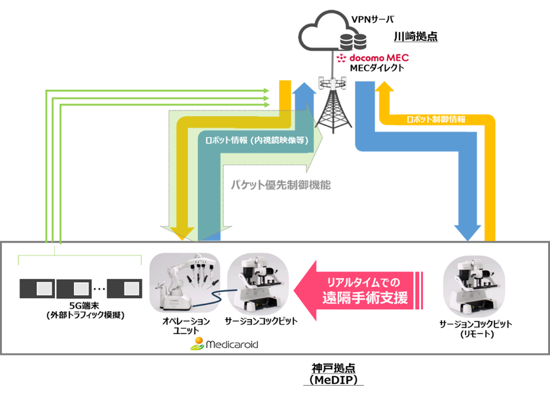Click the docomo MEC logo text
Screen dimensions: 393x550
371,58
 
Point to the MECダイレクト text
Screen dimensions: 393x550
376,68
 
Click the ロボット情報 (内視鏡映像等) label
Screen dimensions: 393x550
253,140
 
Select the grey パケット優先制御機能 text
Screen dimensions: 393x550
280,185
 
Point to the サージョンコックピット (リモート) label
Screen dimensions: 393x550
475,329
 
